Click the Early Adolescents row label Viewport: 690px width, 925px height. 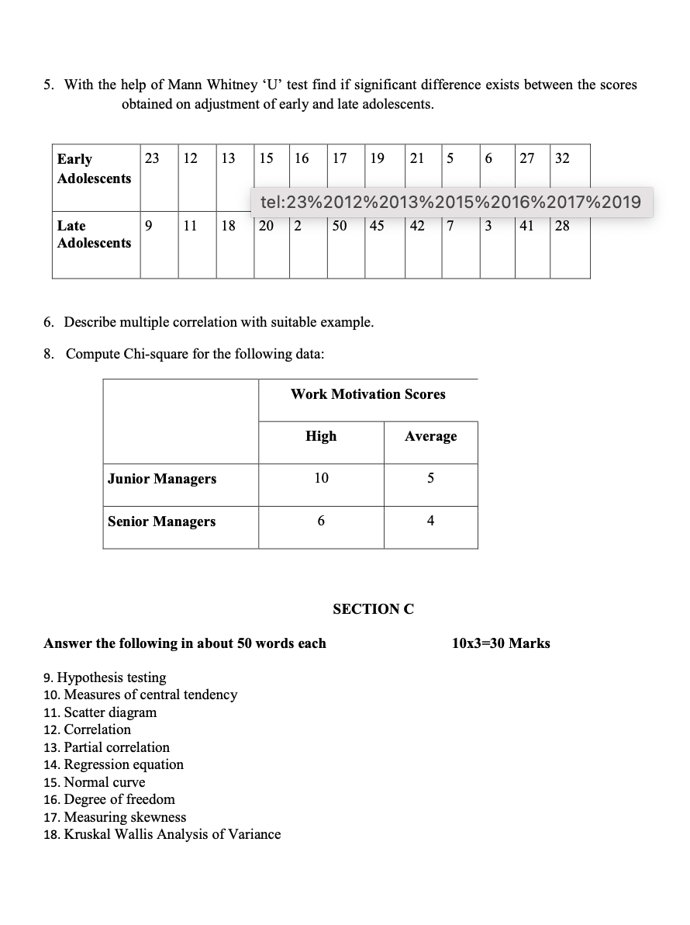(94, 168)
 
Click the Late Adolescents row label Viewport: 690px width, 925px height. (94, 234)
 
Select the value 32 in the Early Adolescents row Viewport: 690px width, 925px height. (563, 158)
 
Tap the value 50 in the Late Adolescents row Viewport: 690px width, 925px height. (340, 226)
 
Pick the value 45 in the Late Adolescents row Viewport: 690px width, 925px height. (377, 226)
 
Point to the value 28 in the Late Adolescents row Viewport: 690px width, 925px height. (563, 226)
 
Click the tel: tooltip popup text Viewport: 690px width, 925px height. (450, 203)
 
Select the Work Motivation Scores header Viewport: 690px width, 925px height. (368, 394)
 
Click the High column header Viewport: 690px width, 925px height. (321, 436)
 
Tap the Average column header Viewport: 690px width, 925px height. (431, 436)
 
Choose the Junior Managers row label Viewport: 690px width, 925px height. (162, 479)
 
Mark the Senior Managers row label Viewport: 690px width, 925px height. (162, 521)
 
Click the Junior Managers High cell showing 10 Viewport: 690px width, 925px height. (321, 479)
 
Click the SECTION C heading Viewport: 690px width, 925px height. (373, 609)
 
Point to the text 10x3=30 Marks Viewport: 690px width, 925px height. (501, 643)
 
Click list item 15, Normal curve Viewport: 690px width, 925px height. (95, 782)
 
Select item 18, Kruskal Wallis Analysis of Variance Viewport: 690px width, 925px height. (163, 834)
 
